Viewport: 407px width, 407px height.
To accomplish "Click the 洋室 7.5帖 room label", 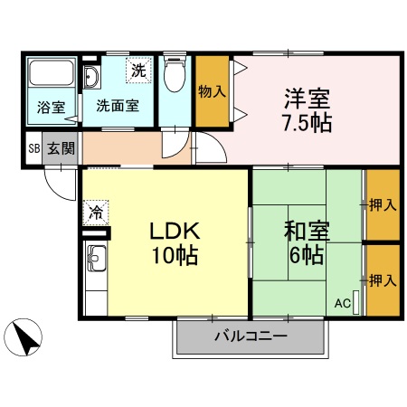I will [306, 109].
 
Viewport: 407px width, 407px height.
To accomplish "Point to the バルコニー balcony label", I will [251, 337].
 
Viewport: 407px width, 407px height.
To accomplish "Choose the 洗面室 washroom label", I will [118, 105].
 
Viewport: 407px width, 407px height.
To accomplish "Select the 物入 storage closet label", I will [212, 90].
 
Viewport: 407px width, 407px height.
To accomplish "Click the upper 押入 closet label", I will [383, 205].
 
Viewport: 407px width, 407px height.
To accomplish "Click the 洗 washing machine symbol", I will [137, 70].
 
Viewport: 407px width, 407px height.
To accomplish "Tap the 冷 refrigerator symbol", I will [95, 213].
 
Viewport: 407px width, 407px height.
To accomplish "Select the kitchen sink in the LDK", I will [95, 264].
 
